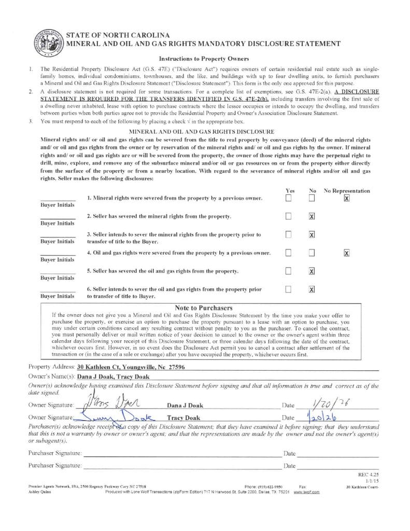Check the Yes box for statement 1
tap(288, 198)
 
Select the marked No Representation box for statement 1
tap(347, 198)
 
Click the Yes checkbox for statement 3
tap(288, 234)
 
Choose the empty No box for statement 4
tap(312, 253)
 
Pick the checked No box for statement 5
tap(312, 271)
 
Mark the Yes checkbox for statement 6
tap(288, 289)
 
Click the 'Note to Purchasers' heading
tap(203, 308)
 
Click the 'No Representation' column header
tap(347, 191)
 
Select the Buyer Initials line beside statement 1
tap(58, 199)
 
